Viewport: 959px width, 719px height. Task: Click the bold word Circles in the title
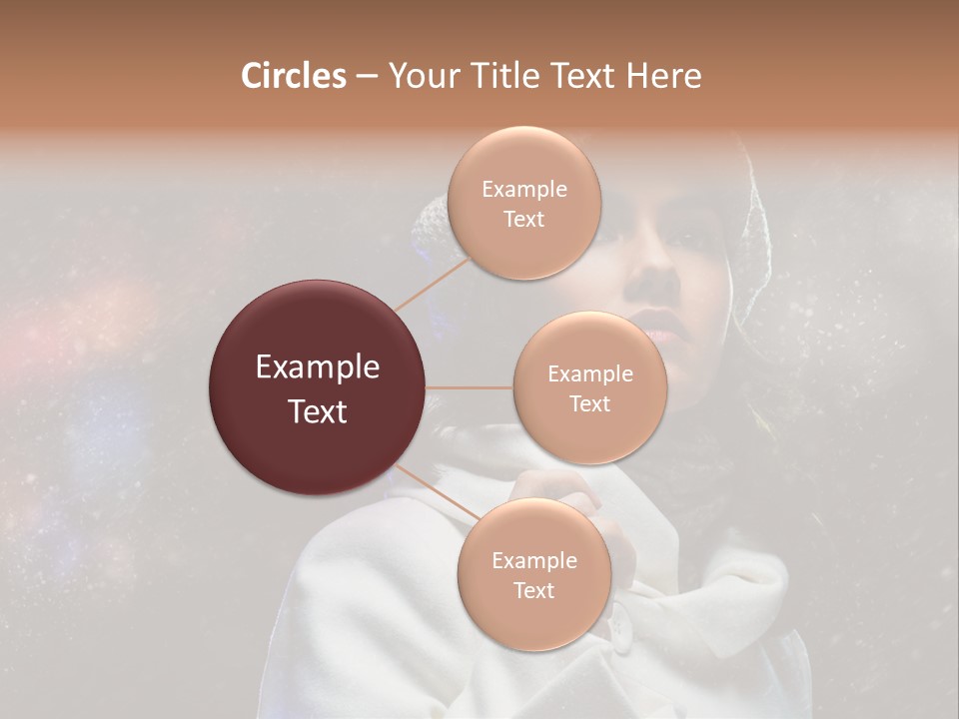point(293,76)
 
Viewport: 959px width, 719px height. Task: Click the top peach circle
point(523,204)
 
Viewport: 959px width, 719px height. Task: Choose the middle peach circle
point(589,388)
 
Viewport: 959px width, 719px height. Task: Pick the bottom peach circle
point(533,574)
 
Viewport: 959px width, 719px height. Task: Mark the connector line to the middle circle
point(470,387)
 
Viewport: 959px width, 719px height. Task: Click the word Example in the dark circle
point(318,367)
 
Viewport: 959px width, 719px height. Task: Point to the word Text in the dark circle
point(318,411)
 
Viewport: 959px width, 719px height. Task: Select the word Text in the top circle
point(523,220)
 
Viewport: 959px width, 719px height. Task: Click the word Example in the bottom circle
point(533,560)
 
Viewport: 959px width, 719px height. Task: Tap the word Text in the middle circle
point(589,403)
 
